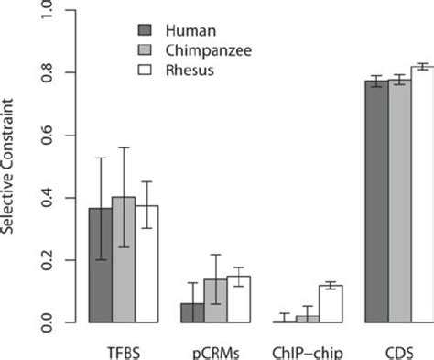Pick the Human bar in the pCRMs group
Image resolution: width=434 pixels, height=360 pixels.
click(x=192, y=312)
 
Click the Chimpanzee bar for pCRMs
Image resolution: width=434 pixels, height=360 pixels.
click(x=215, y=301)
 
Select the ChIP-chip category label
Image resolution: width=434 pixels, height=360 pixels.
click(x=307, y=351)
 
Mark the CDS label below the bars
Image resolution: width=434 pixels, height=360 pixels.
click(x=399, y=351)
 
